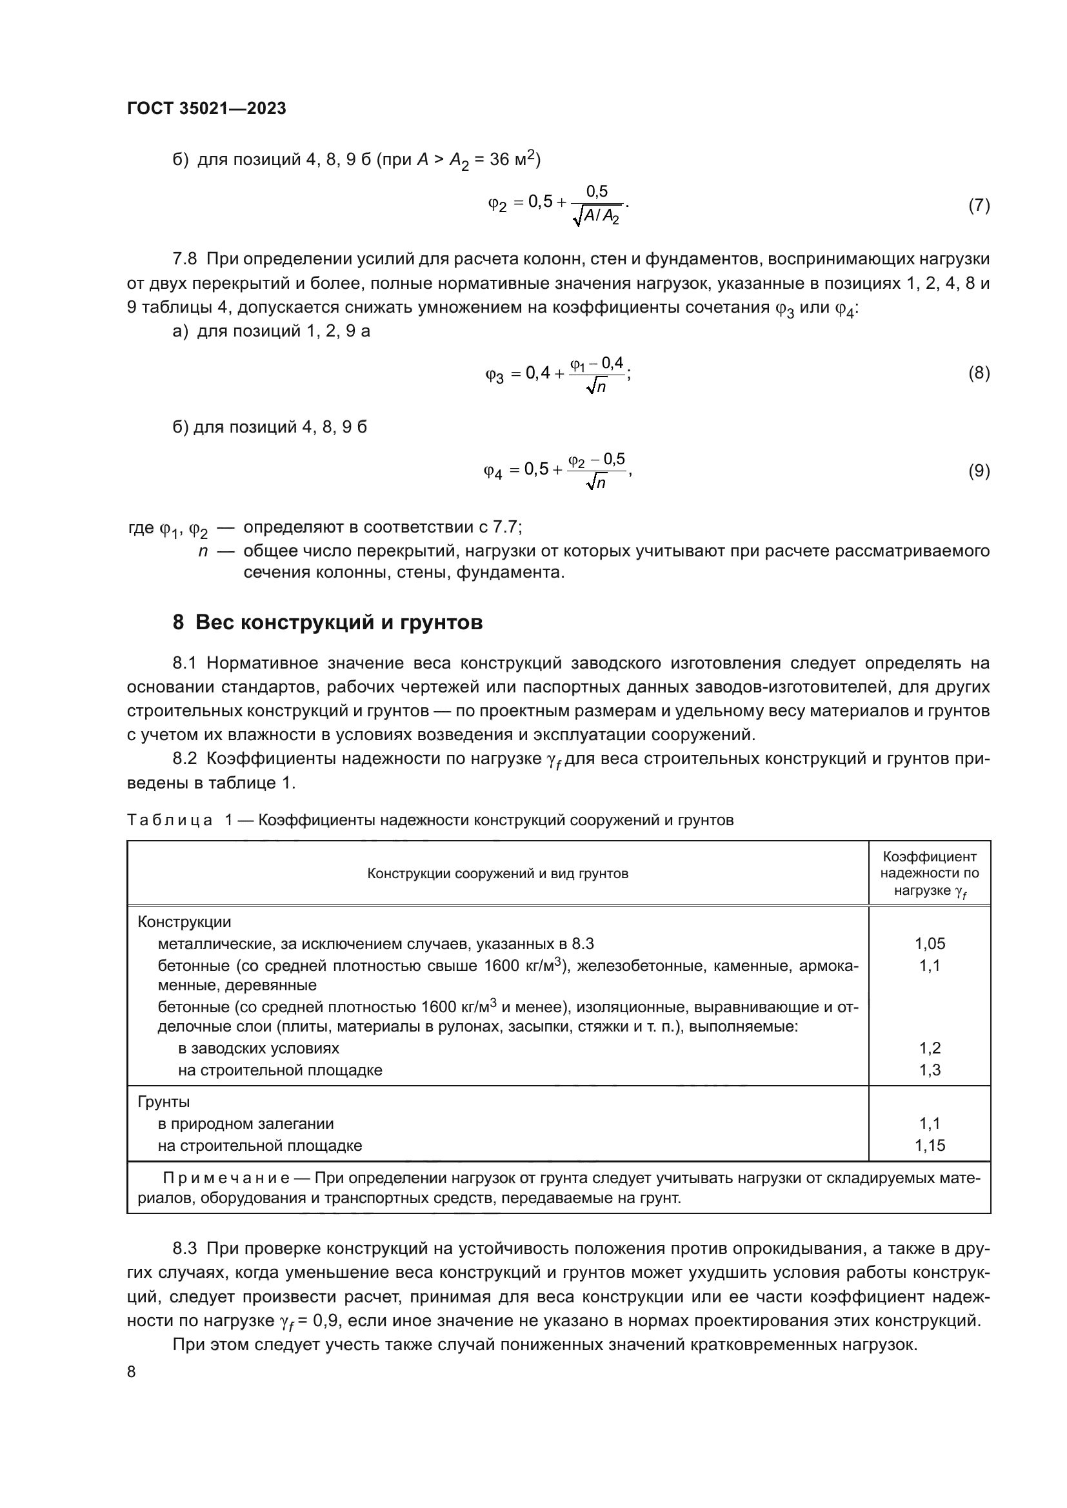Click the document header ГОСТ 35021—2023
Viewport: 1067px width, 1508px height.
[x=206, y=109]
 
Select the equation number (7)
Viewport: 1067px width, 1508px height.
[x=979, y=206]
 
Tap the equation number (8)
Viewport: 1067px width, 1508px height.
[x=979, y=374]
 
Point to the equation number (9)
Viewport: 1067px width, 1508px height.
[x=979, y=471]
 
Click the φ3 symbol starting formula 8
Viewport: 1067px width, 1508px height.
[x=494, y=376]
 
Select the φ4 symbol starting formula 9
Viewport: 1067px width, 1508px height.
[x=493, y=471]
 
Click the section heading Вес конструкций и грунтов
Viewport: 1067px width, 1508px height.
[x=339, y=622]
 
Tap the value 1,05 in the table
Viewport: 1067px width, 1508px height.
[x=930, y=944]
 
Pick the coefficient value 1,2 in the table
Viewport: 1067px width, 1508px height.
[x=930, y=1048]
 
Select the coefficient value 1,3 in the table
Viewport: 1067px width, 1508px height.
[x=930, y=1070]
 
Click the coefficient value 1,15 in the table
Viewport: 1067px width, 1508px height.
[x=930, y=1146]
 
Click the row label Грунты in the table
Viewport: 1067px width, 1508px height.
[x=164, y=1101]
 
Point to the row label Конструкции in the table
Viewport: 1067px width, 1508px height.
[x=184, y=922]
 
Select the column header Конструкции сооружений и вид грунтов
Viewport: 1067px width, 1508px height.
[x=497, y=874]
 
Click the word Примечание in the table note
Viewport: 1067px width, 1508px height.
[x=225, y=1179]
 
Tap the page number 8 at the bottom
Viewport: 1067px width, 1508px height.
[x=132, y=1372]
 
